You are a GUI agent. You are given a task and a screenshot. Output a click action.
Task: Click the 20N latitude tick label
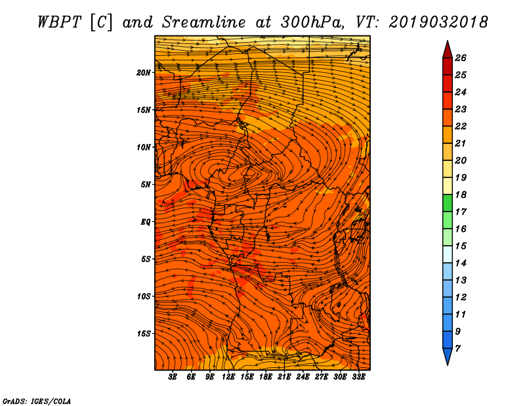(x=144, y=72)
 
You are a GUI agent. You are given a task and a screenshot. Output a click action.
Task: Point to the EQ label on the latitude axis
(x=145, y=221)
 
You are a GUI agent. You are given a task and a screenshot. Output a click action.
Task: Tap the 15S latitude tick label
(x=144, y=334)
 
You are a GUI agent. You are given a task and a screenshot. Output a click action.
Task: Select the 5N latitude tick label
(x=146, y=185)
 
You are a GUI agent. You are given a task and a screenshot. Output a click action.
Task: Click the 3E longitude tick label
(x=173, y=376)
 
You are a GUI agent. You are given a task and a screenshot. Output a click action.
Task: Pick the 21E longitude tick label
(x=284, y=376)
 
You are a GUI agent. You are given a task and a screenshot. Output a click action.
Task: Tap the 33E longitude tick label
(x=358, y=376)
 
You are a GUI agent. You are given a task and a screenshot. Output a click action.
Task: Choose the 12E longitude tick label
(x=228, y=376)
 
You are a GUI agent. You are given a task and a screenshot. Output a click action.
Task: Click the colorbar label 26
(x=461, y=58)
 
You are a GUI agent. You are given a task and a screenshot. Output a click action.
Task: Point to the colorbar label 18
(x=461, y=194)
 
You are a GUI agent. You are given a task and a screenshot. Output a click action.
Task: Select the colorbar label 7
(x=457, y=349)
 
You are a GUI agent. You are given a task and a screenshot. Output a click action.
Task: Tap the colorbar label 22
(x=461, y=126)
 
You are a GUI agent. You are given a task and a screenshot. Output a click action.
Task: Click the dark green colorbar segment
(x=448, y=203)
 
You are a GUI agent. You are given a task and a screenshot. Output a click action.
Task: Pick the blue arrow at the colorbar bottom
(x=448, y=355)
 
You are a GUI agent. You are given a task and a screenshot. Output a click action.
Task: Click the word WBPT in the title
(x=59, y=22)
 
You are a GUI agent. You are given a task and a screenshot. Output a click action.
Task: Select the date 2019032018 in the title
(x=438, y=22)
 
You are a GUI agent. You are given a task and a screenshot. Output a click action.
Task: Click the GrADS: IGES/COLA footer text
(x=37, y=401)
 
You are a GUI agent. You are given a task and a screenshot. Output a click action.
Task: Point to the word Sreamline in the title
(x=204, y=22)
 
